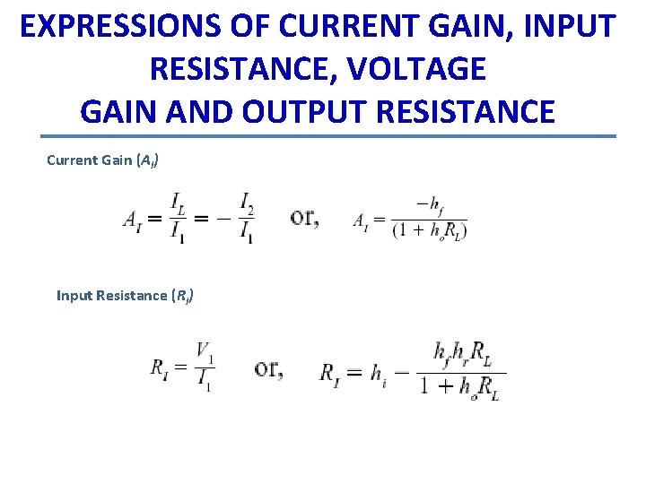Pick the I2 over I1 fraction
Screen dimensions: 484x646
pyautogui.click(x=245, y=219)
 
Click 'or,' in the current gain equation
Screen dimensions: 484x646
pyautogui.click(x=305, y=218)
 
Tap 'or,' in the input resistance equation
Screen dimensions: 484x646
pyautogui.click(x=268, y=368)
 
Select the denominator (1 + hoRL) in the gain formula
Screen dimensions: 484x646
pyautogui.click(x=430, y=230)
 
